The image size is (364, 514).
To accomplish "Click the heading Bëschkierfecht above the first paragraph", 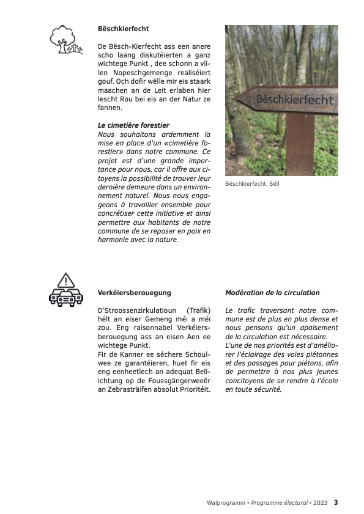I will pos(123,29).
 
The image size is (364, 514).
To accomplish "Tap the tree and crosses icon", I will pos(65,40).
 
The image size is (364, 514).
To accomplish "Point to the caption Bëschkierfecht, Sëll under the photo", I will pos(252,184).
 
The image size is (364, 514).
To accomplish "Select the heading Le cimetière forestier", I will pos(133,125).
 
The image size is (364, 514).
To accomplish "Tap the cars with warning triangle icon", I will pos(65,290).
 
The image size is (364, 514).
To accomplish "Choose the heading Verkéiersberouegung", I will pos(135,293).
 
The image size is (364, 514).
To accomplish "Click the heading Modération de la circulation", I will pos(272,293).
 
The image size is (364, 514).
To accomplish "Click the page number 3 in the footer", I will pos(336,502).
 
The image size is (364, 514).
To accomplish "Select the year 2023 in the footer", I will pos(320,503).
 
